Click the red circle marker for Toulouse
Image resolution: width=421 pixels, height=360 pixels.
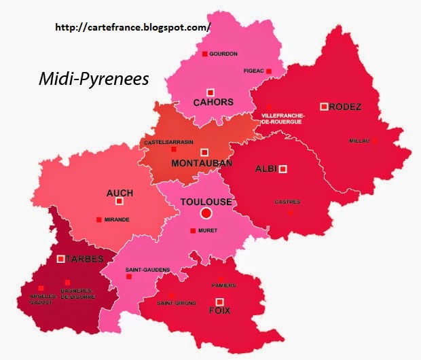pos(206,214)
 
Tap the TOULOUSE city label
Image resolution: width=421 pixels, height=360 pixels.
pos(206,202)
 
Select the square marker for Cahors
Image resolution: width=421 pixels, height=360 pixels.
pos(210,92)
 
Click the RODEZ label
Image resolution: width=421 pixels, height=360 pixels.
pos(346,107)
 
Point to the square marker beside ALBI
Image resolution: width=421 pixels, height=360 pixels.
pos(283,169)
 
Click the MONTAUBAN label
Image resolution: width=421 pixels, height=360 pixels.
pos(202,164)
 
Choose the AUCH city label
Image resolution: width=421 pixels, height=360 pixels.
pos(120,193)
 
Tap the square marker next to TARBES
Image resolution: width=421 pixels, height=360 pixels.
pos(61,259)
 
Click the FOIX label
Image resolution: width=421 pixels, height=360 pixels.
pos(219,310)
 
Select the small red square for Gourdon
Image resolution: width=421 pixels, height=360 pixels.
pos(204,54)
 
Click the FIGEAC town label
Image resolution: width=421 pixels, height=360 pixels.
pos(253,71)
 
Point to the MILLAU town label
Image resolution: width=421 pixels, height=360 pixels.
pos(359,141)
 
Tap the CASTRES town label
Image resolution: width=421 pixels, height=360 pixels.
pos(287,202)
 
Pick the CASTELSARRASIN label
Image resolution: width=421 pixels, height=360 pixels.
pos(168,142)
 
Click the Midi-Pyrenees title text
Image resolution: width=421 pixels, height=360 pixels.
pos(93,79)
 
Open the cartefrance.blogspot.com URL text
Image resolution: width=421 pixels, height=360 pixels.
pos(132,27)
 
